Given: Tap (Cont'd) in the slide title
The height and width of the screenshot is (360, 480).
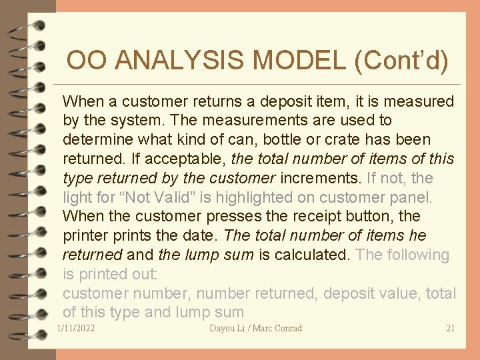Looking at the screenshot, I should coord(401,61).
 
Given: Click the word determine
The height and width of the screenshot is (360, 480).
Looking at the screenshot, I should coord(95,140).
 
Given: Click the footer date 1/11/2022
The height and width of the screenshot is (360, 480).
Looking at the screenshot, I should coord(76,328).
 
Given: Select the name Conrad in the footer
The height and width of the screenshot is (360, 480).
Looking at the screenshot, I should coord(287,328).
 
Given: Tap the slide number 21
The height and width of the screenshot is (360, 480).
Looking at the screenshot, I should coord(450,328).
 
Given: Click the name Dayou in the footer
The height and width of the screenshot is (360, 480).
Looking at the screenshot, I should coord(223,328).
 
